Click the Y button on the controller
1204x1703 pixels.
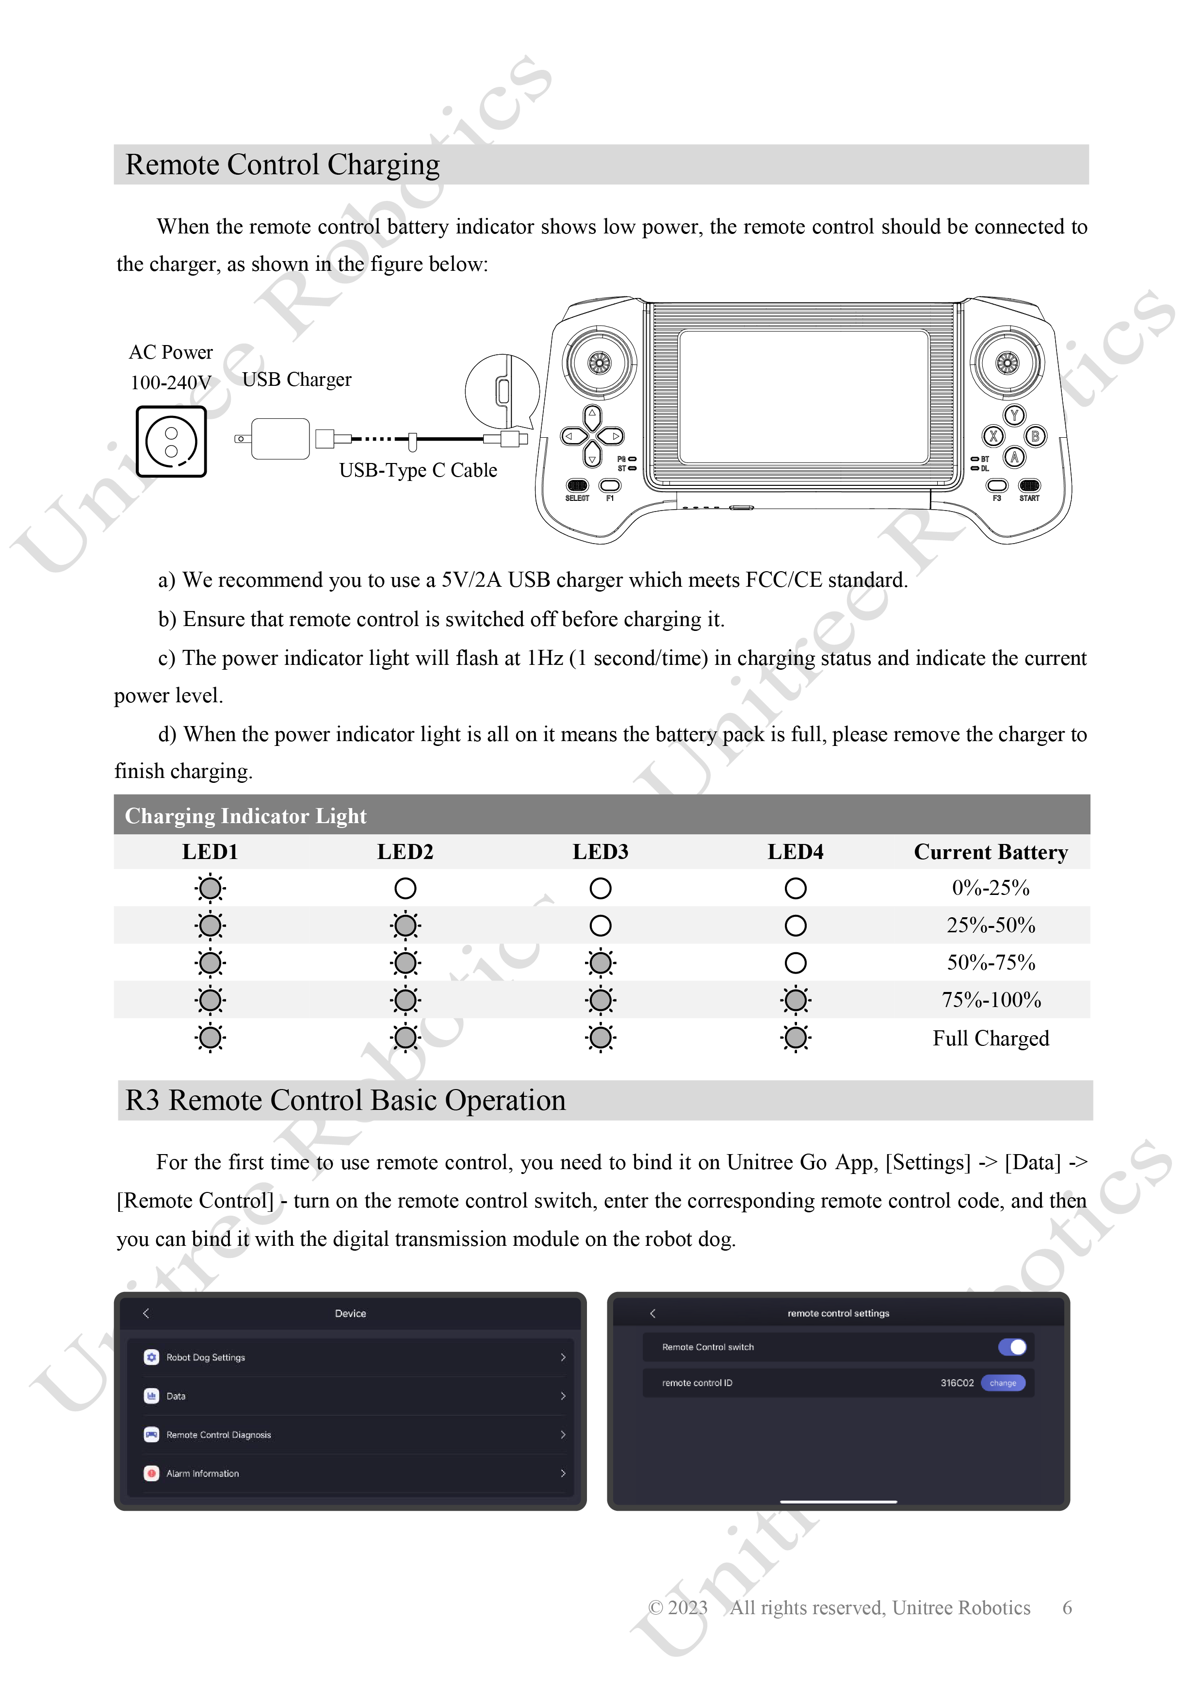(1014, 415)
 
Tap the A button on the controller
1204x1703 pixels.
(1014, 457)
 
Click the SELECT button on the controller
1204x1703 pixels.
(578, 486)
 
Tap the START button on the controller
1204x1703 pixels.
(1029, 486)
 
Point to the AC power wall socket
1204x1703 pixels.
(171, 441)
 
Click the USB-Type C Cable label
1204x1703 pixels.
(418, 470)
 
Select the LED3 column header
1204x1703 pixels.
(601, 851)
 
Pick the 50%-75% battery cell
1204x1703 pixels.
(991, 963)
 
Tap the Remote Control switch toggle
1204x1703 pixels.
(1012, 1347)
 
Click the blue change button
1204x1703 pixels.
(1003, 1383)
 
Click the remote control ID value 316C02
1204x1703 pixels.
(957, 1383)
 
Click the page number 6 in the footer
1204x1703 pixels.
(1067, 1607)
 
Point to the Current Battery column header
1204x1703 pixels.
(991, 851)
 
